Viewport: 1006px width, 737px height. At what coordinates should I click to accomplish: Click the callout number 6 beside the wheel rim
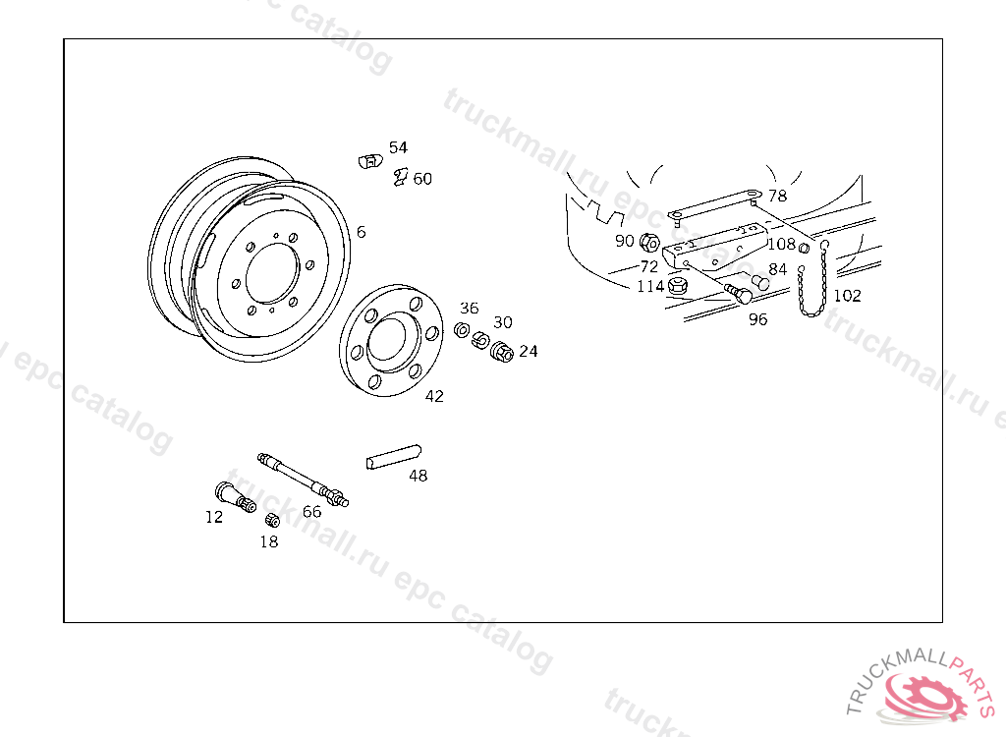362,232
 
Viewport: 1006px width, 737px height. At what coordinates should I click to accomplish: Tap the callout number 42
434,396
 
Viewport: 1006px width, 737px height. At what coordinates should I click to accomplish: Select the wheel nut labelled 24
502,352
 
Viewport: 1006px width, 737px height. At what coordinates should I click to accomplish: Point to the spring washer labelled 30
480,341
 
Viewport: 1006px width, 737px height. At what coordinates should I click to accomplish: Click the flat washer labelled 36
462,330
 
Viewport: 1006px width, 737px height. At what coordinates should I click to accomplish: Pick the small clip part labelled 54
370,161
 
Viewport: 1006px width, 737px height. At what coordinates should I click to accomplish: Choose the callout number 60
422,179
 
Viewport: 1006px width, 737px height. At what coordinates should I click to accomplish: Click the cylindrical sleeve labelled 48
394,457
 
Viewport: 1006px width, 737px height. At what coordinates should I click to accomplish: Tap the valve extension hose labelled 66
303,481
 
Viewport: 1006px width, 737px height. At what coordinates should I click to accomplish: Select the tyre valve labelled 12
235,497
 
